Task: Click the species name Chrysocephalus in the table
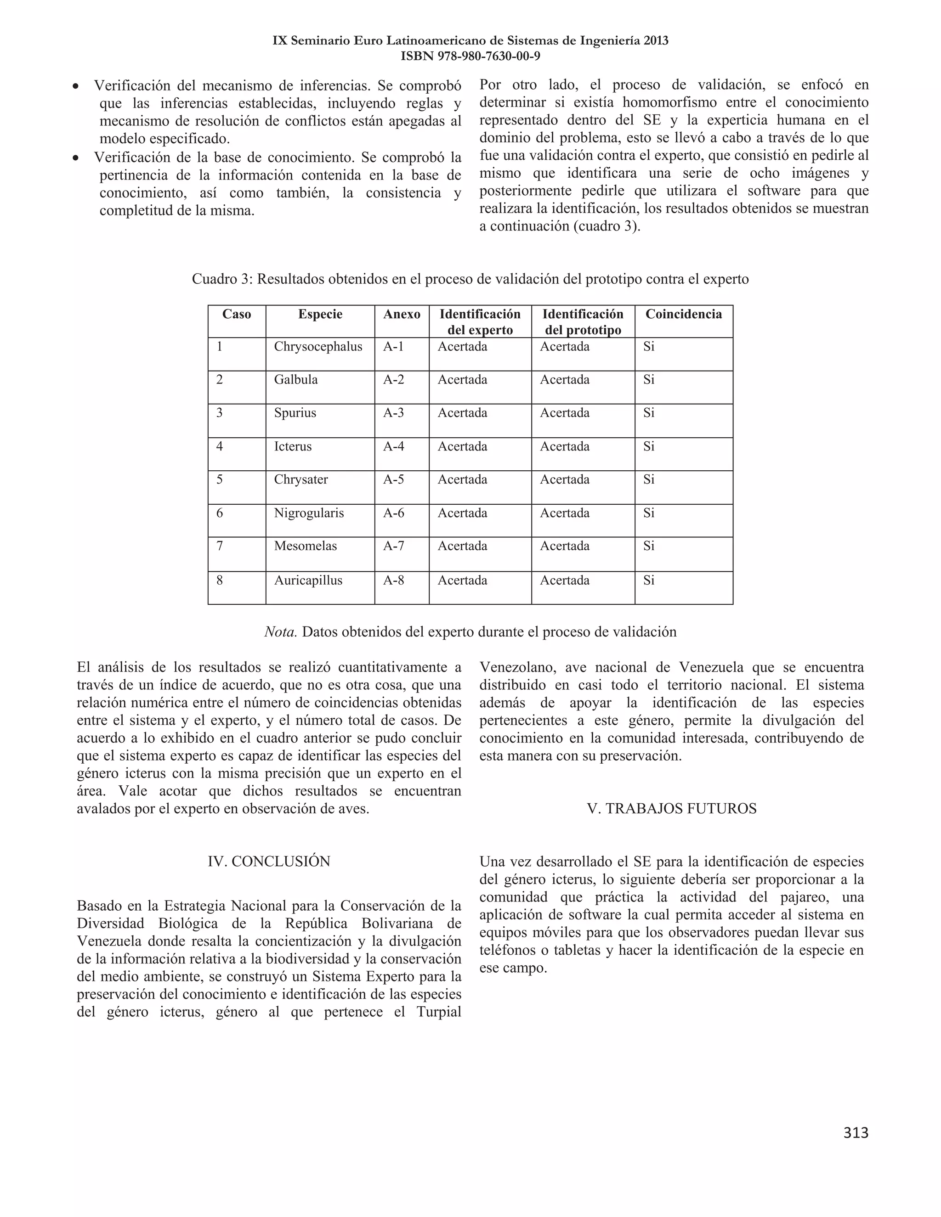(318, 347)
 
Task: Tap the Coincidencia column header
(683, 314)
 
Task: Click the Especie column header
(320, 314)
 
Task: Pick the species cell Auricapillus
(308, 580)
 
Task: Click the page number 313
(855, 1132)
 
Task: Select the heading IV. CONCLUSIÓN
(269, 861)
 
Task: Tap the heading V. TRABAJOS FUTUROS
(671, 809)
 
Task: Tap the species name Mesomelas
(305, 546)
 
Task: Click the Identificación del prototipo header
(583, 322)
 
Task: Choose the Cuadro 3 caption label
(222, 279)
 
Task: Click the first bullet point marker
(76, 87)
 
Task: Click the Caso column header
(236, 314)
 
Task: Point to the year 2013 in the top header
(656, 41)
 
